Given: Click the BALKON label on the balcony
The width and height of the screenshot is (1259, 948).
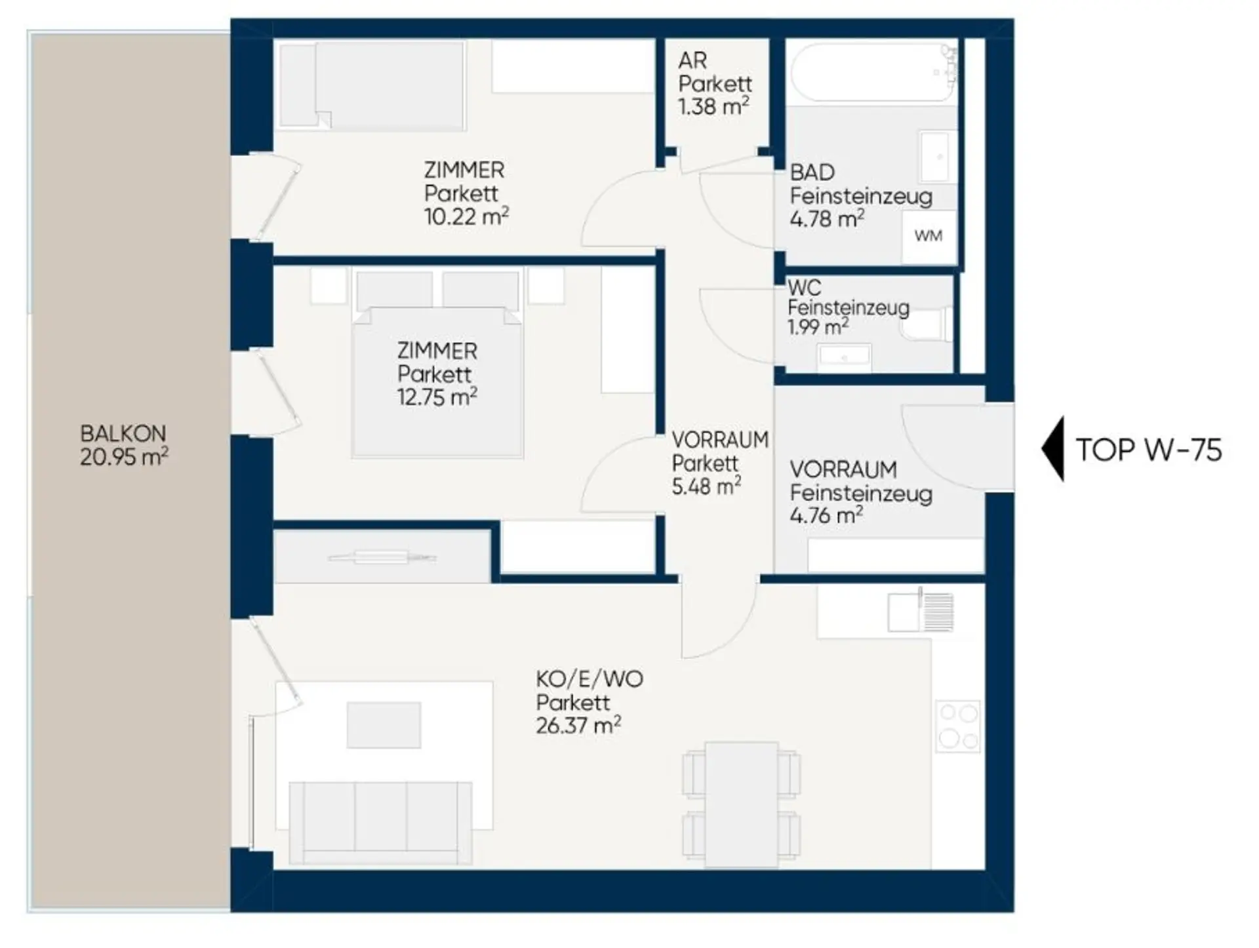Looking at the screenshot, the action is tap(123, 434).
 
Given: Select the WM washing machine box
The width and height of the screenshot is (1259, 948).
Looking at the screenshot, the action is tap(929, 236).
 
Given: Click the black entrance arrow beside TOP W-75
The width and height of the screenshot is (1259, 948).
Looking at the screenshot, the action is tap(1053, 450).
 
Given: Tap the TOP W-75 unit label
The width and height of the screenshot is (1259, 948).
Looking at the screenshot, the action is tap(1149, 450).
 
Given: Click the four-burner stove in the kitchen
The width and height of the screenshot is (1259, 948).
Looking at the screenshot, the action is tap(958, 726).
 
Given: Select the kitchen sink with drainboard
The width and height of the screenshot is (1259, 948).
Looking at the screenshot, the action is tap(921, 612).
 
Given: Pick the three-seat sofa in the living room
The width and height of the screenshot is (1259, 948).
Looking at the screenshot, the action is tap(380, 822).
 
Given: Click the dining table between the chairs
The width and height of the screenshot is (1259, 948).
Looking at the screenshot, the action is tap(742, 805).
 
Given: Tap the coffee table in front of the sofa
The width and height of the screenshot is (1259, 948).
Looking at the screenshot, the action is tap(384, 724).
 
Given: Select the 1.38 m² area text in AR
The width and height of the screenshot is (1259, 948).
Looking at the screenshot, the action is tap(713, 106).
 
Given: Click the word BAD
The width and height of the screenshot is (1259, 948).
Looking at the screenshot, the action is tap(812, 172).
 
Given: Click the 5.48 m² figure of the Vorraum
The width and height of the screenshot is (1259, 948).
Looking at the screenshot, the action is tap(706, 486).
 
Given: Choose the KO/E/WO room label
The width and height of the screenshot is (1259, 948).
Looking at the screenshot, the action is tap(590, 679).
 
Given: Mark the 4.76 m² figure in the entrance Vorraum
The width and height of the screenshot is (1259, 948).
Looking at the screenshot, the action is tap(826, 515).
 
